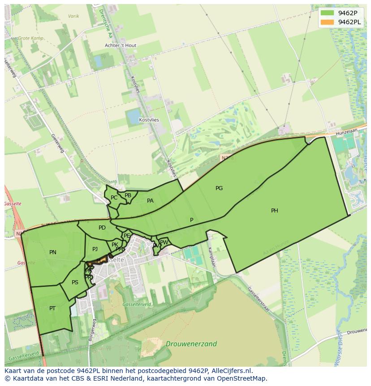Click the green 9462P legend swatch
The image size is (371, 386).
pyautogui.click(x=328, y=13)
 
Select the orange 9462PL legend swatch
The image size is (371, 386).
pyautogui.click(x=328, y=22)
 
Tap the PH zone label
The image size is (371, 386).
pyautogui.click(x=274, y=211)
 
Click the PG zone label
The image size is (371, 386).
pyautogui.click(x=219, y=188)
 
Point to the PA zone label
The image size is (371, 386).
pyautogui.click(x=150, y=201)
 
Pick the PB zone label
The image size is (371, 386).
pyautogui.click(x=128, y=195)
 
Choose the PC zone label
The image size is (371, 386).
pyautogui.click(x=114, y=198)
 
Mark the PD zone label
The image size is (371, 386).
pyautogui.click(x=102, y=228)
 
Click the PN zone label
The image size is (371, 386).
pyautogui.click(x=53, y=252)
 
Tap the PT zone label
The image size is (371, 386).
pyautogui.click(x=52, y=308)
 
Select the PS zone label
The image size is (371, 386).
pyautogui.click(x=75, y=282)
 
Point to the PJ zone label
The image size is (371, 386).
pyautogui.click(x=95, y=249)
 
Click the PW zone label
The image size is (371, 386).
pyautogui.click(x=164, y=243)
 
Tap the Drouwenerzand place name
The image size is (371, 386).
pyautogui.click(x=191, y=344)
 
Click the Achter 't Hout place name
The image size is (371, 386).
pyautogui.click(x=121, y=46)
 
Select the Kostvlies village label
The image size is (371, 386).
pyautogui.click(x=149, y=120)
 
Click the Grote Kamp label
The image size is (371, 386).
pyautogui.click(x=30, y=39)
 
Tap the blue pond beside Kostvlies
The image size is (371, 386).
pyautogui.click(x=134, y=117)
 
